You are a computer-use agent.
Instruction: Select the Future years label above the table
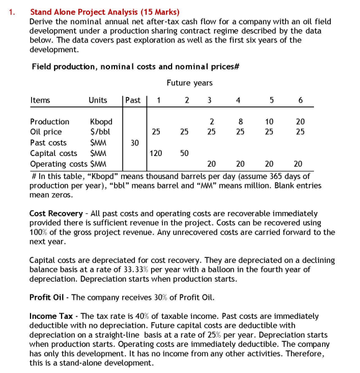[x=190, y=83]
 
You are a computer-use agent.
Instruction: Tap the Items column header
[x=40, y=100]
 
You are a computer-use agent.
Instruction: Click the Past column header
[x=132, y=100]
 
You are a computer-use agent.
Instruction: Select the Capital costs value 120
[x=160, y=153]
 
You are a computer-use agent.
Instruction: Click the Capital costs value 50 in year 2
[x=185, y=153]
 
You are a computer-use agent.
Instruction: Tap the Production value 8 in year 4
[x=239, y=122]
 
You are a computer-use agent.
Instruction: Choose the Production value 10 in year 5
[x=268, y=122]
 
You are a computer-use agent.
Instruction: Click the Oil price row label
[x=45, y=132]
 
